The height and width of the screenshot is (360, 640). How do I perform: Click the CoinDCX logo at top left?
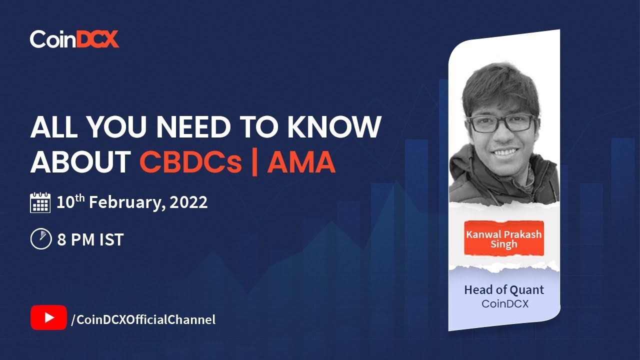74,39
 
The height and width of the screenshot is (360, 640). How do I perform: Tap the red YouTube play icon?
48,317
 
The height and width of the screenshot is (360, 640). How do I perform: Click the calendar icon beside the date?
40,202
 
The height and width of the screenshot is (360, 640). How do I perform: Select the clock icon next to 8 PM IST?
41,239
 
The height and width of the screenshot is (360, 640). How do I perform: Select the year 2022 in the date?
188,202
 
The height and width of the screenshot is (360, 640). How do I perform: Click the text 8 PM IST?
90,239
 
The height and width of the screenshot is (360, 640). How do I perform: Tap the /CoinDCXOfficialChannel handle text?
143,319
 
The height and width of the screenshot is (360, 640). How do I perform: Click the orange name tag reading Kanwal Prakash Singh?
503,239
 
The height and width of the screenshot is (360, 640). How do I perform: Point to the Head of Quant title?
504,289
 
